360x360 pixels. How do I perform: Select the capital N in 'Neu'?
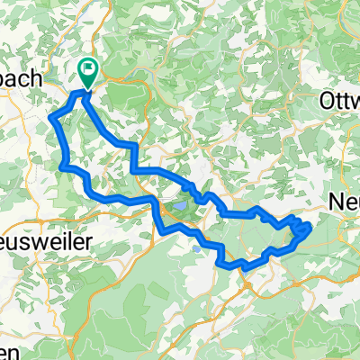[x=337, y=200]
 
